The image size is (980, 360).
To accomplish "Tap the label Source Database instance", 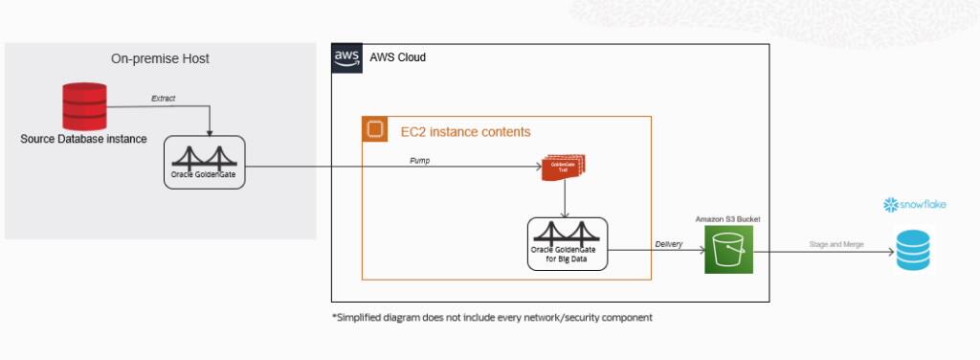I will [x=84, y=139].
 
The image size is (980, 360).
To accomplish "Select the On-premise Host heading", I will [x=160, y=58].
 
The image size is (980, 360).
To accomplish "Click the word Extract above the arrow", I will [x=164, y=98].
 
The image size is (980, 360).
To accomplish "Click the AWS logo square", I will [x=346, y=57].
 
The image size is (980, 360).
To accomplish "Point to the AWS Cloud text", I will [x=397, y=57].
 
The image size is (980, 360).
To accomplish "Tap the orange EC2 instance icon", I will [x=375, y=130].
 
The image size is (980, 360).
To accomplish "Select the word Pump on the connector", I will [x=420, y=161].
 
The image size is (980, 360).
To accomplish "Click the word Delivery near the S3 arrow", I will [x=668, y=244].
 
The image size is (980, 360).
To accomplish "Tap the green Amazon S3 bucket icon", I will [x=729, y=250].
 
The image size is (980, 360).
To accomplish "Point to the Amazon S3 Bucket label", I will [x=729, y=219].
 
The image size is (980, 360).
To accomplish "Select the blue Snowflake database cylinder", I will [x=914, y=250].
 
